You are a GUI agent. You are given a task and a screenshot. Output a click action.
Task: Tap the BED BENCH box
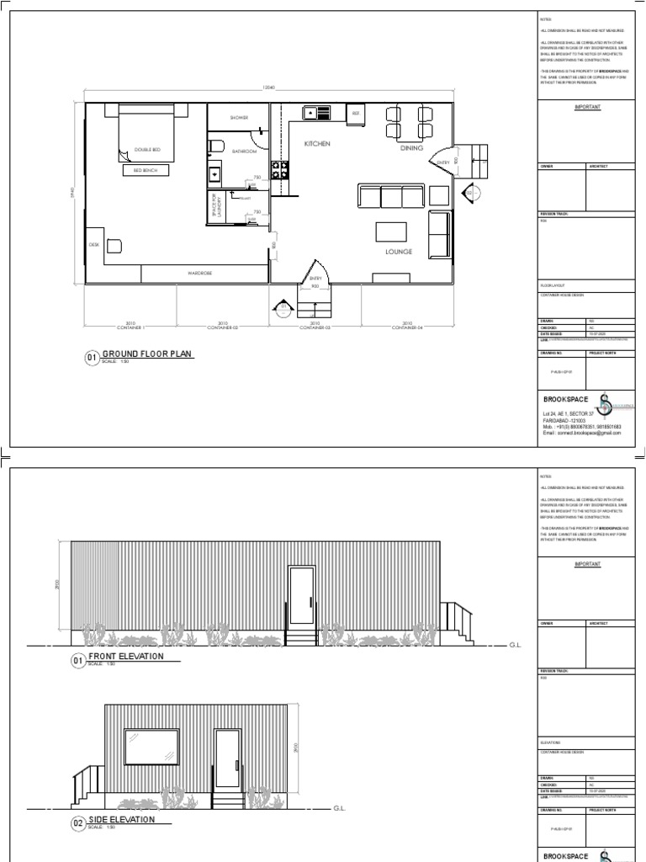[146, 170]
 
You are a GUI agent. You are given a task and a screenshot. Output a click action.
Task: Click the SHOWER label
[238, 118]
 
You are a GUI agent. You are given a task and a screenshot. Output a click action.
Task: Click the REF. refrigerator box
[355, 113]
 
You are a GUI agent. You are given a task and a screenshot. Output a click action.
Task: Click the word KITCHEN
[317, 144]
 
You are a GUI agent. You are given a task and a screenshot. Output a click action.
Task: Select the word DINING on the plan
[411, 148]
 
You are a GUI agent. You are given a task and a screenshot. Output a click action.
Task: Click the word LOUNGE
[398, 251]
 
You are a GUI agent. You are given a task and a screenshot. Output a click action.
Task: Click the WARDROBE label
[199, 274]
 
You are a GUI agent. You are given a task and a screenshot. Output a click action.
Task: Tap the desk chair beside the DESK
[114, 246]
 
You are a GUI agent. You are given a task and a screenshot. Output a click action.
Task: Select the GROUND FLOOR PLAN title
[147, 355]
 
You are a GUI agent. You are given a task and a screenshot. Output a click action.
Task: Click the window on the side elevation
[151, 745]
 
